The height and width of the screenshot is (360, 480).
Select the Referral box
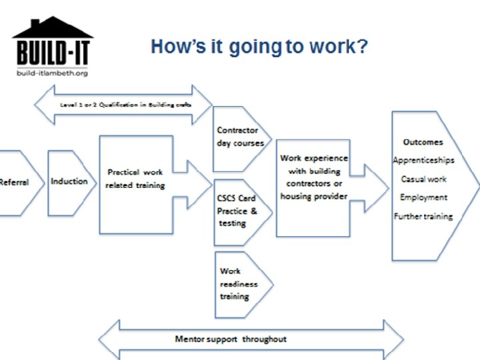15,182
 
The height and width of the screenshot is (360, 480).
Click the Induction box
69,181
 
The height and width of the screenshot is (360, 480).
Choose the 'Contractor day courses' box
239,137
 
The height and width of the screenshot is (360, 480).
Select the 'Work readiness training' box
238,283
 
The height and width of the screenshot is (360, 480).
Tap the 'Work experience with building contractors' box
313,177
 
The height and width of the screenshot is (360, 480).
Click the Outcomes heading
423,143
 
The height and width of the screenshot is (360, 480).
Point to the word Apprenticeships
423,161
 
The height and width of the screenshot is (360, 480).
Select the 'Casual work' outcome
423,179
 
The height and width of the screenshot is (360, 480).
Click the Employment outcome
423,197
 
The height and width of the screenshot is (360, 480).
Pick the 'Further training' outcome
423,216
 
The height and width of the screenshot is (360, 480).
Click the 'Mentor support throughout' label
231,339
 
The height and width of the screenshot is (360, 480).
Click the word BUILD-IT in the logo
53,52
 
